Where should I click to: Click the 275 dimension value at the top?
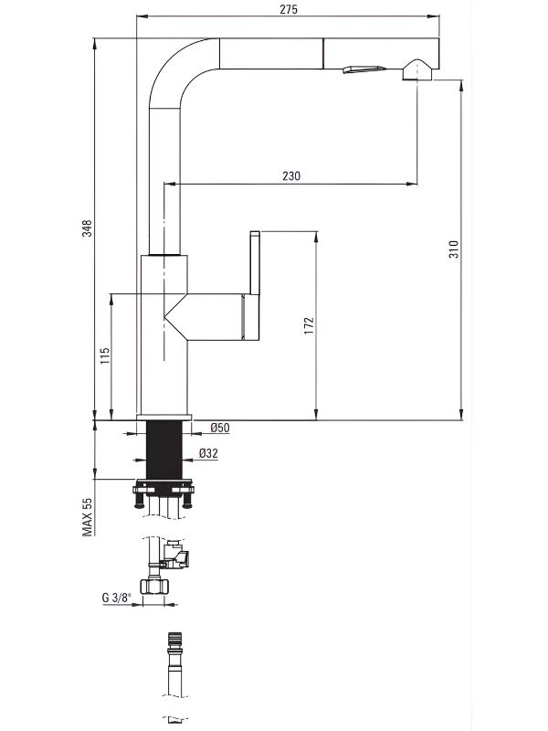(289, 9)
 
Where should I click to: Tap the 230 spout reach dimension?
(291, 176)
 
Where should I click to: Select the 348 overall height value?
(87, 228)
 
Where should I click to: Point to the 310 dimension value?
(453, 249)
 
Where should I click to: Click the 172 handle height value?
(309, 325)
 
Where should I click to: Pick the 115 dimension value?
(105, 355)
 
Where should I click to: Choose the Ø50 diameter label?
(220, 428)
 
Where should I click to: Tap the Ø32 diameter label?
(208, 453)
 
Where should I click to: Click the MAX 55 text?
(87, 516)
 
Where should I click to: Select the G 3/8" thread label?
(117, 598)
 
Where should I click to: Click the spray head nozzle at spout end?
(417, 69)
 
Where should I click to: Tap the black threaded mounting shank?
(164, 450)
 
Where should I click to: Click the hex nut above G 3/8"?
(154, 587)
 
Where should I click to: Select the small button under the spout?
(364, 69)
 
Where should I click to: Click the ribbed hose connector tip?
(175, 638)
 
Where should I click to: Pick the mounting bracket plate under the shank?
(163, 489)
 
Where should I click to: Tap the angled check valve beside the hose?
(176, 555)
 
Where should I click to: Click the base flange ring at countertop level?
(164, 417)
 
